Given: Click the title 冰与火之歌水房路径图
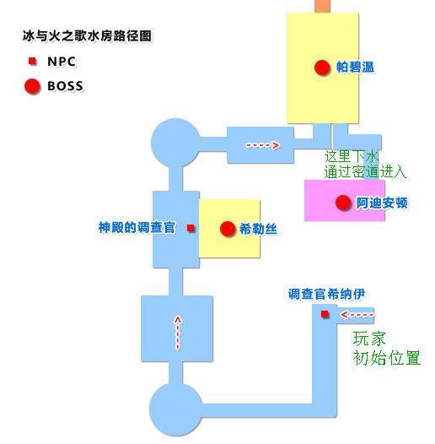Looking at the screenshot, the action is (x=87, y=36).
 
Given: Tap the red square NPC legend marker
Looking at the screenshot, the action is (x=32, y=61).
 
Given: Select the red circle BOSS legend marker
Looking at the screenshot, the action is (x=32, y=86).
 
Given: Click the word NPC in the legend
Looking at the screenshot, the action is (x=62, y=62).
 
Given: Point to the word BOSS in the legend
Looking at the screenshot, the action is (x=66, y=86).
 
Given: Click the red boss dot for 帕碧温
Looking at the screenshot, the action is (x=322, y=68).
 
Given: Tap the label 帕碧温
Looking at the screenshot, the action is (x=355, y=68).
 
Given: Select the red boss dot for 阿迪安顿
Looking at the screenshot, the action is (x=343, y=203).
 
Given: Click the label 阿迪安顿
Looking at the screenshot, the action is (x=382, y=203).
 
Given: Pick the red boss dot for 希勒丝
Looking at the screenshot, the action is (x=228, y=229).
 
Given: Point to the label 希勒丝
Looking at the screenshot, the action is (x=258, y=229).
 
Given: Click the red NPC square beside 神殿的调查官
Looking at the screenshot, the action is (x=191, y=228).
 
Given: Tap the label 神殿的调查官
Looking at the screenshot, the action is (x=137, y=227).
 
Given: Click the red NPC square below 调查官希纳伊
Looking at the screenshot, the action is (x=325, y=314).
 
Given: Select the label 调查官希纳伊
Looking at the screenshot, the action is (x=327, y=294).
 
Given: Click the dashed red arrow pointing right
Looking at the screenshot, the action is (x=263, y=145).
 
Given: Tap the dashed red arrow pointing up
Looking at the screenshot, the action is (x=178, y=333).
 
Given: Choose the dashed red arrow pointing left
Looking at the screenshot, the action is (x=357, y=314).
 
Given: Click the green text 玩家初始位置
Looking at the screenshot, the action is (x=387, y=349).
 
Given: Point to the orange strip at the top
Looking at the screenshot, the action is (x=323, y=6).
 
